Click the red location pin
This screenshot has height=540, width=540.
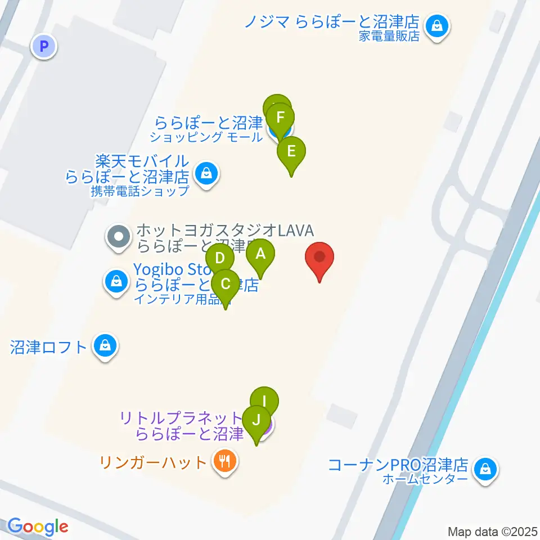[x=319, y=259]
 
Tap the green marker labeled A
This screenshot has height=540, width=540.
[x=260, y=254]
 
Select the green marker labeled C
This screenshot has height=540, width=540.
[x=226, y=284]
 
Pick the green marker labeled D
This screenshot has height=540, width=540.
[x=220, y=259]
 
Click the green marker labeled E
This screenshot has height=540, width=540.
[x=291, y=152]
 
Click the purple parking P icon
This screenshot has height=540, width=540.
[x=44, y=46]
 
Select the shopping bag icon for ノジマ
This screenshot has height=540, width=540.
[x=436, y=26]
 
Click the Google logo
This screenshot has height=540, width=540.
[x=38, y=527]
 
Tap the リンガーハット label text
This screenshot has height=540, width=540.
[x=154, y=463]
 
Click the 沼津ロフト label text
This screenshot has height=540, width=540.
[x=48, y=346]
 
